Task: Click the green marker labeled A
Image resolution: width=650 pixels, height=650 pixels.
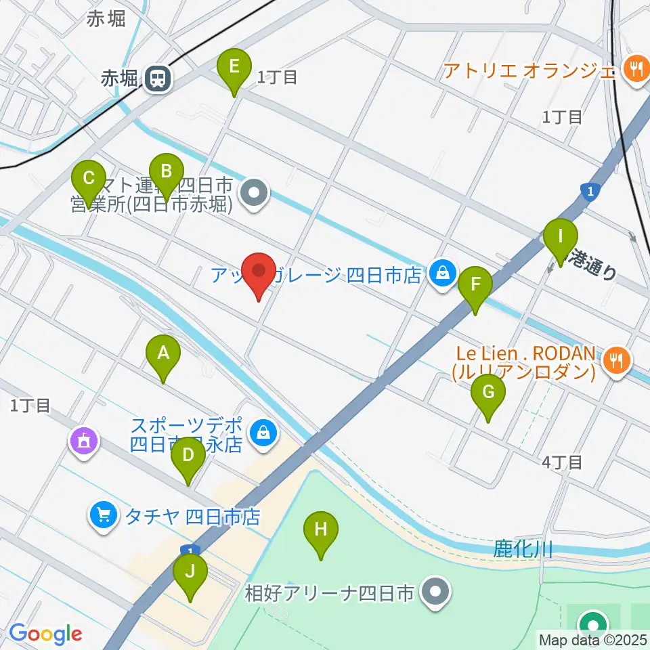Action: [x=162, y=353]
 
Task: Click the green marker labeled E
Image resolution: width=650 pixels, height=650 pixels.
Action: [x=234, y=67]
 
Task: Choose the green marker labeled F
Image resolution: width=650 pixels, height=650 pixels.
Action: [x=475, y=286]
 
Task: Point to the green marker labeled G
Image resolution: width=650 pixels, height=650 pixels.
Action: [x=489, y=393]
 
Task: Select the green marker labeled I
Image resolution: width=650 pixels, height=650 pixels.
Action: [x=561, y=238]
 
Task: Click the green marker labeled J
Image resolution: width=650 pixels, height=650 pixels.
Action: [x=190, y=572]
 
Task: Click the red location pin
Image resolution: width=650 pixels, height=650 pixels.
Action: [x=259, y=272]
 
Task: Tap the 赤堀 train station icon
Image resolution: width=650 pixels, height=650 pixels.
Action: [x=158, y=79]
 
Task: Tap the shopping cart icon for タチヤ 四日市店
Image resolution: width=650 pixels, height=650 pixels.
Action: [x=104, y=517]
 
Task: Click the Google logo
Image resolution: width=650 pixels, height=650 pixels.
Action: [x=45, y=634]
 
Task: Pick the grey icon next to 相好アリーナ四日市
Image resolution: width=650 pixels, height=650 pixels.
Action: [x=435, y=592]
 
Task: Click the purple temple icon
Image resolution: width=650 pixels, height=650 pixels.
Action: [x=85, y=442]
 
